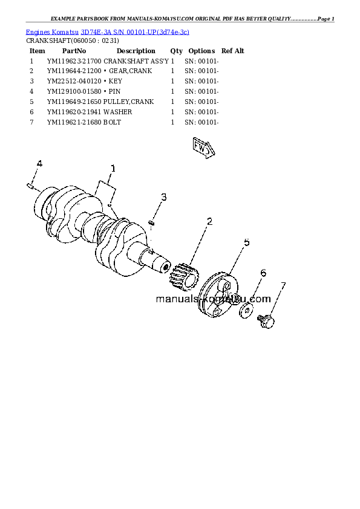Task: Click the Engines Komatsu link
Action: click(x=52, y=32)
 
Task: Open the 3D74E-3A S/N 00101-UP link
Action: click(x=135, y=32)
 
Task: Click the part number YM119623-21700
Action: click(x=74, y=61)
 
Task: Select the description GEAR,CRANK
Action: click(x=130, y=71)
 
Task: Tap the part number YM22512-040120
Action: click(x=74, y=81)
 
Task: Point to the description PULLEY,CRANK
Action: click(x=128, y=102)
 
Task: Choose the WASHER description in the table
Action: click(x=117, y=112)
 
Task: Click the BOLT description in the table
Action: click(x=112, y=122)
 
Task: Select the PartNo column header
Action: click(x=74, y=51)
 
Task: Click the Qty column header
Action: click(x=177, y=51)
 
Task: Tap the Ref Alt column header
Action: click(x=232, y=51)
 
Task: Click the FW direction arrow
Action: click(x=203, y=148)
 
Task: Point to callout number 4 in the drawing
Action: click(x=39, y=164)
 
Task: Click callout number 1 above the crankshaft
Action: click(x=113, y=169)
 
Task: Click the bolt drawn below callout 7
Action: click(x=266, y=321)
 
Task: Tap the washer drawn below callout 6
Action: click(x=247, y=311)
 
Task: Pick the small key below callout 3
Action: click(x=151, y=222)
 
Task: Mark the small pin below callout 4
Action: click(x=30, y=186)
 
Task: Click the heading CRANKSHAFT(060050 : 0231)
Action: click(x=73, y=41)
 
